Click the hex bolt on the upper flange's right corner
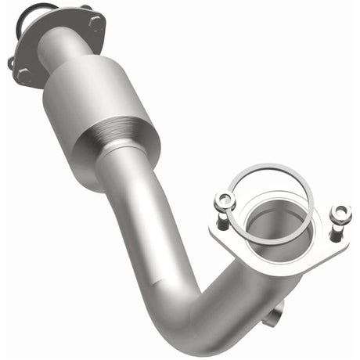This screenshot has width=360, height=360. click(96, 23)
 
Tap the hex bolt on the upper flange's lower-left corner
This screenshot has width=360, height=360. click(25, 76)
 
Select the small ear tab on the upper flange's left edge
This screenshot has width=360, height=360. click(11, 61)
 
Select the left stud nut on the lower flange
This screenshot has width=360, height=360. click(225, 200)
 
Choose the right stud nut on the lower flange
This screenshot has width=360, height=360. click(340, 213)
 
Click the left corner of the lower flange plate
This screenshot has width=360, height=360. click(216, 232)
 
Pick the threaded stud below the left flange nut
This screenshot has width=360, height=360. click(222, 219)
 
